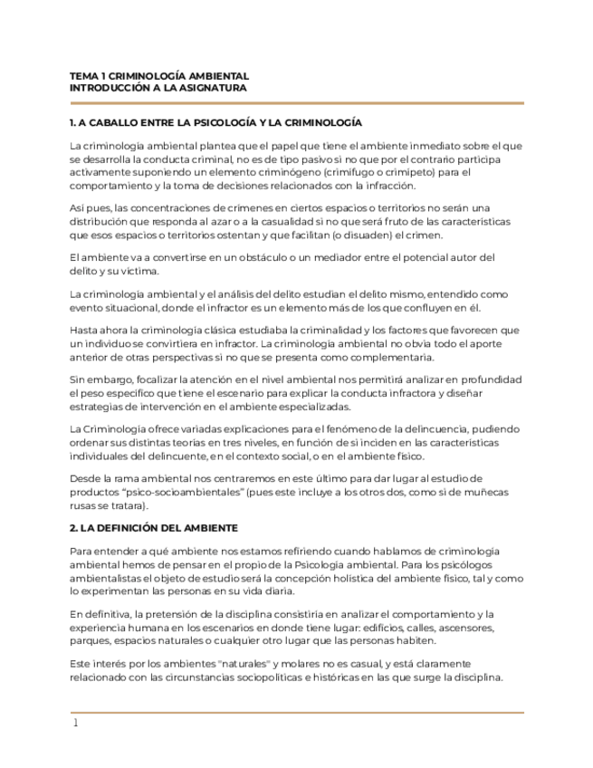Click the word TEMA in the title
(x=82, y=76)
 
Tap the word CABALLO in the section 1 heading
(x=112, y=122)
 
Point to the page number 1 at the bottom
(x=75, y=723)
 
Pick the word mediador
(x=323, y=257)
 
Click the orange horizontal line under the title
(x=296, y=103)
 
